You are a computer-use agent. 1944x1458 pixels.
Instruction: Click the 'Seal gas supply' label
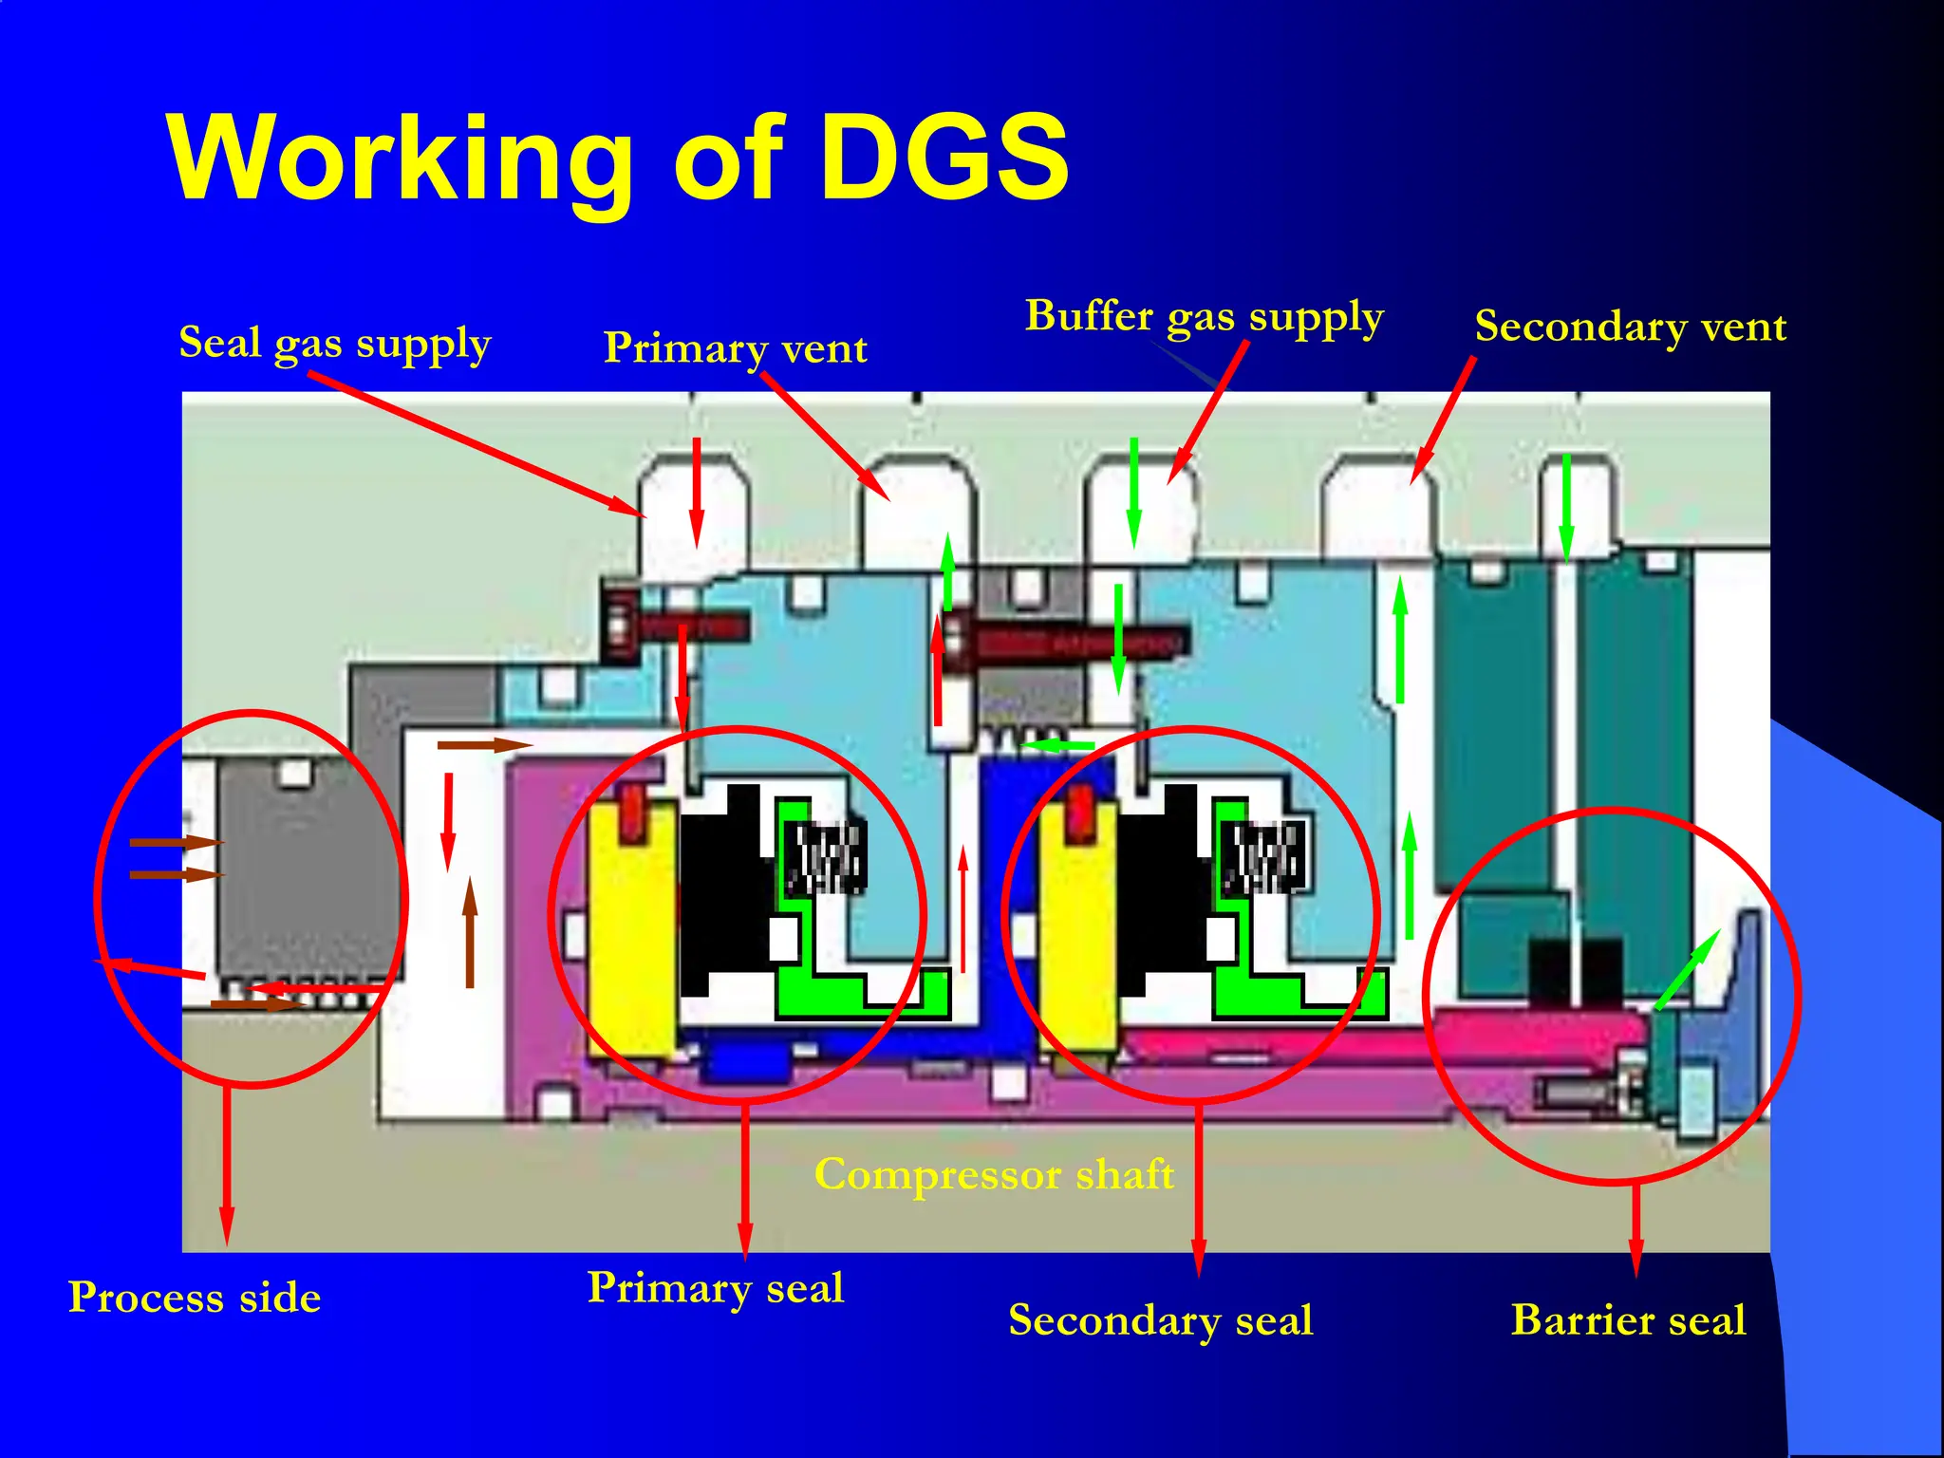(x=335, y=344)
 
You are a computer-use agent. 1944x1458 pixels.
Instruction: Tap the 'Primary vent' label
(x=736, y=348)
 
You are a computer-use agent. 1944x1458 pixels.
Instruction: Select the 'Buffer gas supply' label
(x=1204, y=317)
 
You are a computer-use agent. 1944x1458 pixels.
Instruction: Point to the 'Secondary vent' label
(x=1630, y=327)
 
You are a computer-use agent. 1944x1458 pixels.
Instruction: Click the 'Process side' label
(x=195, y=1298)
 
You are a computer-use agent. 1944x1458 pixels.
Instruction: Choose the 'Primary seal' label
(x=716, y=1288)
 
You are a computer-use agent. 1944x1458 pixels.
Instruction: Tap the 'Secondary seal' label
(x=1160, y=1320)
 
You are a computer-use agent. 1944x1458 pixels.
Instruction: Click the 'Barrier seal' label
(x=1628, y=1320)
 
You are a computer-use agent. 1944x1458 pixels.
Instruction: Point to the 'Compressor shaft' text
(x=994, y=1175)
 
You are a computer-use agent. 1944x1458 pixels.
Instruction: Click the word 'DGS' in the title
(x=944, y=158)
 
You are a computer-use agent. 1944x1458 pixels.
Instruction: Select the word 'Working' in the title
(x=399, y=158)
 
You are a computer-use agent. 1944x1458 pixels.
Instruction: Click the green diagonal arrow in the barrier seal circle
(x=1687, y=969)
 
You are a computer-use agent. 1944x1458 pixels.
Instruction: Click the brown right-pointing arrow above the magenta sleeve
(x=484, y=745)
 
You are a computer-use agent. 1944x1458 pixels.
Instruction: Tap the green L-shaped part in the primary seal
(x=835, y=987)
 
